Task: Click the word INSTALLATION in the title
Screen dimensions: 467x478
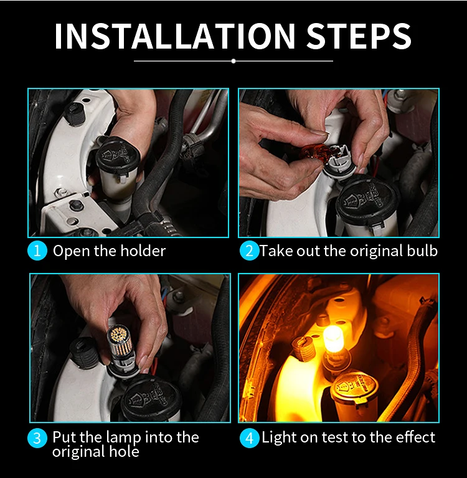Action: pyautogui.click(x=175, y=36)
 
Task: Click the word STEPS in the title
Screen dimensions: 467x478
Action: pyautogui.click(x=359, y=36)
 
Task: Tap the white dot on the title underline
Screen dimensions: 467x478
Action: pyautogui.click(x=233, y=61)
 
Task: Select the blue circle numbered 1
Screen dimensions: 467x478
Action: pyautogui.click(x=37, y=251)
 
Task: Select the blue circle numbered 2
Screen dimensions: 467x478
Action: pyautogui.click(x=249, y=251)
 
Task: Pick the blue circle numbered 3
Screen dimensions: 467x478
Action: pyautogui.click(x=37, y=438)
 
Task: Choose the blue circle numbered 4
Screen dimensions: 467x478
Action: pyautogui.click(x=249, y=438)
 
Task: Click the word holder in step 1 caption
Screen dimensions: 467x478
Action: pyautogui.click(x=143, y=251)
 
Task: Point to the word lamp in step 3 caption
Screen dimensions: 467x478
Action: pyautogui.click(x=123, y=438)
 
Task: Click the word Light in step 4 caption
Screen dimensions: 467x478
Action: pyautogui.click(x=279, y=437)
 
